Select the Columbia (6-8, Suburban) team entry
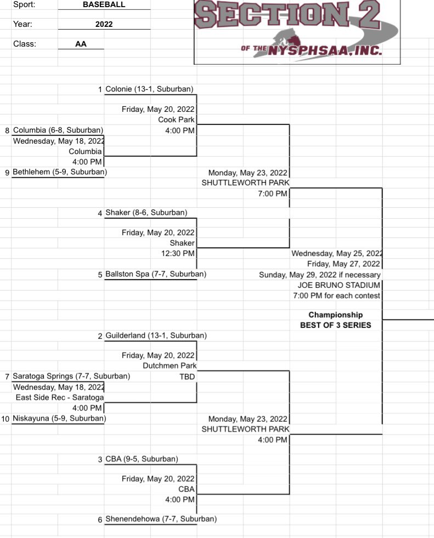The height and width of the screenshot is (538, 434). click(58, 130)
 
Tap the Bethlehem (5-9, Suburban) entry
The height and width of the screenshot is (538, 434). click(59, 172)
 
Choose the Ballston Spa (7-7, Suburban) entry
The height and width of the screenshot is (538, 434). click(155, 274)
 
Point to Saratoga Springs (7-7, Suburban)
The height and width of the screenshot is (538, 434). click(71, 376)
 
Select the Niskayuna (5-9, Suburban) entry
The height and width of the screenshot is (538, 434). click(59, 418)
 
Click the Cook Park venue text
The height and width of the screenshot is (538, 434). click(176, 120)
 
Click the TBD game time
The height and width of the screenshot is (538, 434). click(187, 377)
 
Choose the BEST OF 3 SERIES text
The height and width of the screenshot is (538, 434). click(335, 325)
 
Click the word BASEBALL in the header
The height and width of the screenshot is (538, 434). click(104, 4)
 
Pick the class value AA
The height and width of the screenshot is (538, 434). click(81, 45)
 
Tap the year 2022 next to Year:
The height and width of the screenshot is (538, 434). click(104, 25)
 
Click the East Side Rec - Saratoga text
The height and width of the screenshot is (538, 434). click(59, 398)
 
